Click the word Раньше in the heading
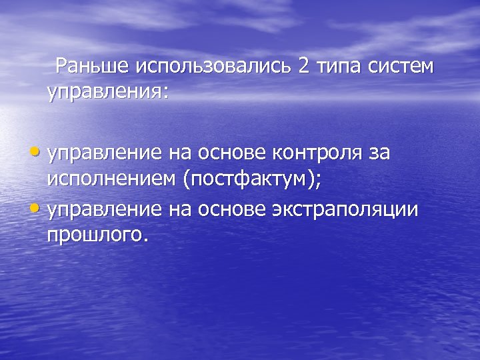[x=93, y=67]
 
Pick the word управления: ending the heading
[x=108, y=92]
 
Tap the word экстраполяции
[x=345, y=209]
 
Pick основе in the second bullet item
[x=228, y=209]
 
